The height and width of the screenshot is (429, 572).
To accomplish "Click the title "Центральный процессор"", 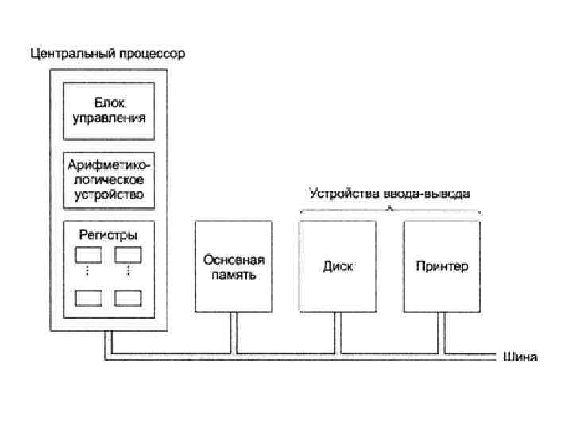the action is pyautogui.click(x=107, y=55).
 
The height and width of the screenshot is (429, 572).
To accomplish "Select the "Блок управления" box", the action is pyautogui.click(x=109, y=110).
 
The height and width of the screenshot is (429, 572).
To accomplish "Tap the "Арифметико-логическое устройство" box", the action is pyautogui.click(x=109, y=179).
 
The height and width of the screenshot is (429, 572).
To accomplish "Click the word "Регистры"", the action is pyautogui.click(x=109, y=234).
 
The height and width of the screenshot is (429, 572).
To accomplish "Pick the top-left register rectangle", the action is pyautogui.click(x=89, y=255).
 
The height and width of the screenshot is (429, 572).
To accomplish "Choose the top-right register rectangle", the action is pyautogui.click(x=128, y=255).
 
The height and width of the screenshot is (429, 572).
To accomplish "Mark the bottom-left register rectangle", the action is pyautogui.click(x=89, y=298).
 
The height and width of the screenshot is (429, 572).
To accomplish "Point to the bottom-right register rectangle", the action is pyautogui.click(x=128, y=298).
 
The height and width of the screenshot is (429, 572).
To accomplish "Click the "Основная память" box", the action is pyautogui.click(x=234, y=266).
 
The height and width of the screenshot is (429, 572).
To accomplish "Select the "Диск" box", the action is pyautogui.click(x=338, y=266).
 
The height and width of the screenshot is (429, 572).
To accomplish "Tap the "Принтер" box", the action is pyautogui.click(x=442, y=266).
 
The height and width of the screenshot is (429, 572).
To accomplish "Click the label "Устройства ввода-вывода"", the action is pyautogui.click(x=389, y=194).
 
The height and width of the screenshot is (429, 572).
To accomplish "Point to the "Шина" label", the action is pyautogui.click(x=520, y=357).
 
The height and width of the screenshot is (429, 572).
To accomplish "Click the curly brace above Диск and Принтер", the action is pyautogui.click(x=390, y=210).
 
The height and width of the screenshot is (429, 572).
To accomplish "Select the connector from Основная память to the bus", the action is pyautogui.click(x=234, y=330).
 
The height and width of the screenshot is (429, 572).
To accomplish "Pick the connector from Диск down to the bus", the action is pyautogui.click(x=338, y=330).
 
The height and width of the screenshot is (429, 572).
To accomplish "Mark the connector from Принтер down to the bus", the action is pyautogui.click(x=442, y=330).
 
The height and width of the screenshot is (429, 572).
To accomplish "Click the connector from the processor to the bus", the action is pyautogui.click(x=109, y=342).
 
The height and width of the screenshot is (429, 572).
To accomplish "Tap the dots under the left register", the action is pyautogui.click(x=89, y=272).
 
